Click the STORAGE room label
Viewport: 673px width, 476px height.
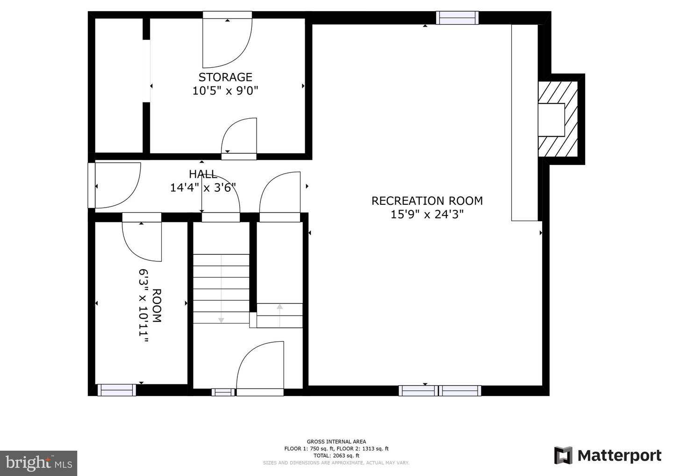[225, 77]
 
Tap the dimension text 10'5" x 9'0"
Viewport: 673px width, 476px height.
[225, 90]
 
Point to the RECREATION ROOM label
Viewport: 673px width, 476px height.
[427, 201]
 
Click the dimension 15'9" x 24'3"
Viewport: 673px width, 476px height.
[427, 215]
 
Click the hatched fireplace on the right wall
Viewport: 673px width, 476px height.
[558, 119]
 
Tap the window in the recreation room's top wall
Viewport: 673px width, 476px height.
[457, 18]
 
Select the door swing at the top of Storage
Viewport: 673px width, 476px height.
[228, 43]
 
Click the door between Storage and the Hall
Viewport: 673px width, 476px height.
[239, 138]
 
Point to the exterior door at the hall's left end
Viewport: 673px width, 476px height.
[115, 185]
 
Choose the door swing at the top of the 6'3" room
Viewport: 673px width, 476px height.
[142, 241]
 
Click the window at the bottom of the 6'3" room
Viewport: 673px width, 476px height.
[116, 390]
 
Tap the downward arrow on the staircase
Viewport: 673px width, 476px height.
[221, 289]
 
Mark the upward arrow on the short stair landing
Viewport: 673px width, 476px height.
[279, 316]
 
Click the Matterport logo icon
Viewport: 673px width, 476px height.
[563, 455]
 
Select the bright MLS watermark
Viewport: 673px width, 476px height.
[38, 463]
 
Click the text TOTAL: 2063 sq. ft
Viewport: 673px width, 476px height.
[336, 455]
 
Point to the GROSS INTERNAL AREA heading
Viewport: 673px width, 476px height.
[336, 441]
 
